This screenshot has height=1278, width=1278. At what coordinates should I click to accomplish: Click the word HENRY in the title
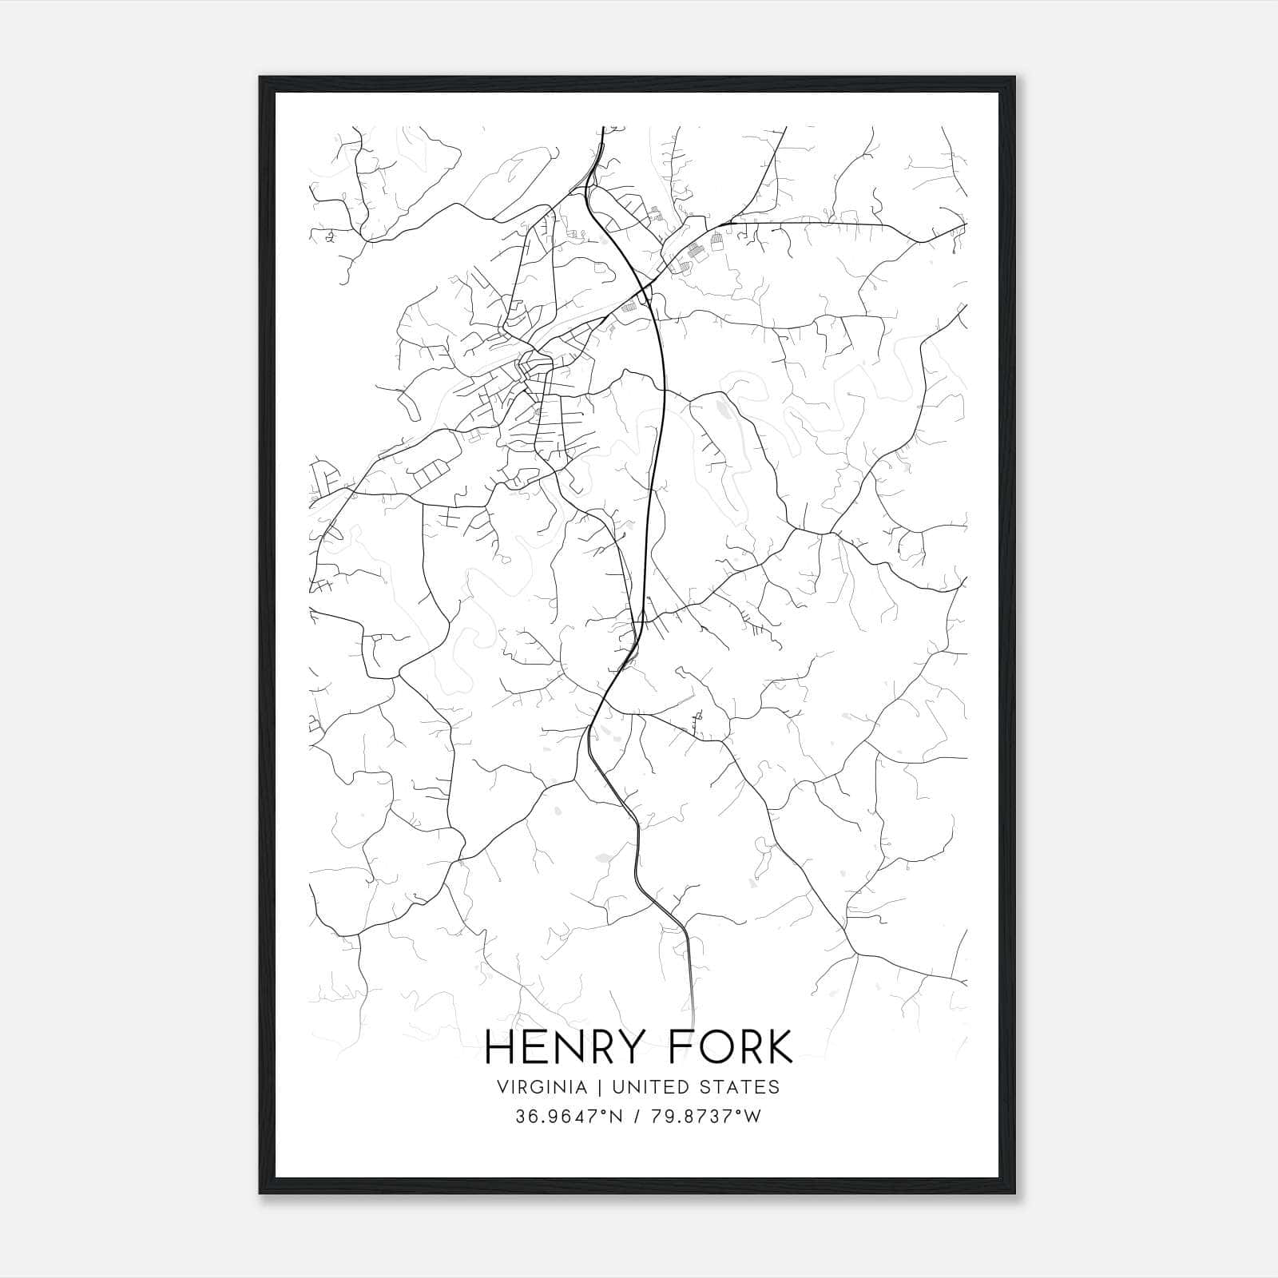pos(560,1046)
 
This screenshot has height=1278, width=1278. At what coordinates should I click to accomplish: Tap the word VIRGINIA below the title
pos(536,1087)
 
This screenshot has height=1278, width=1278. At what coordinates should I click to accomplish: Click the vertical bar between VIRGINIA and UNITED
pos(587,1087)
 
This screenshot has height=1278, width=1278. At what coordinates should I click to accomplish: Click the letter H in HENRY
pos(501,1046)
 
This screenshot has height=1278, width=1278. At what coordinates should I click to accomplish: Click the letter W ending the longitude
pos(752,1117)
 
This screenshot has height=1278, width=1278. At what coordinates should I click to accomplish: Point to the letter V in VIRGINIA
pos(502,1087)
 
